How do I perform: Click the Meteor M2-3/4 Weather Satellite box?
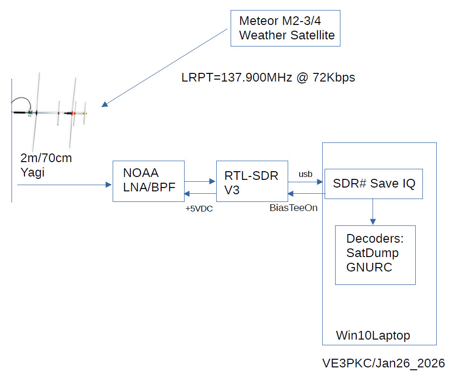285,28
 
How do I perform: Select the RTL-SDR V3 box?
251,183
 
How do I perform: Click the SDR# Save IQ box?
373,183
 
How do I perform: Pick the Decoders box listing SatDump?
375,255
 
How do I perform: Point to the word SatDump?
373,253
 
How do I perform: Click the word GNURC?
369,268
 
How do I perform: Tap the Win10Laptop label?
373,335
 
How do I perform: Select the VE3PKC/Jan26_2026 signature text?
384,363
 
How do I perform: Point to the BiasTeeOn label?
294,208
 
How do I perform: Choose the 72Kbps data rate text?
334,78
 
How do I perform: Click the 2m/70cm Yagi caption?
46,165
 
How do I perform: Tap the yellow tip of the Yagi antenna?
85,114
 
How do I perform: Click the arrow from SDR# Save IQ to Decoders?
373,211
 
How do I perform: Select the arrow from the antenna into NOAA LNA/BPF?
62,184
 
